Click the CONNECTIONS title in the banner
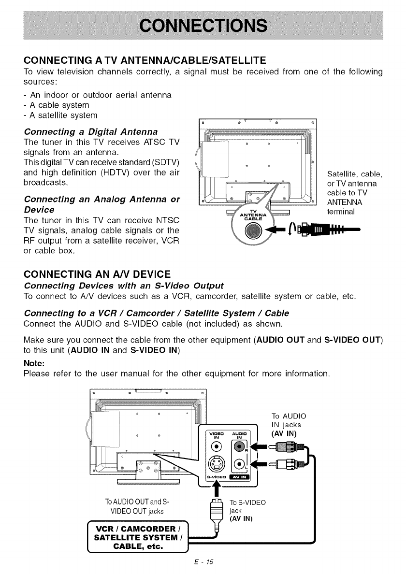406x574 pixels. coord(203,25)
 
